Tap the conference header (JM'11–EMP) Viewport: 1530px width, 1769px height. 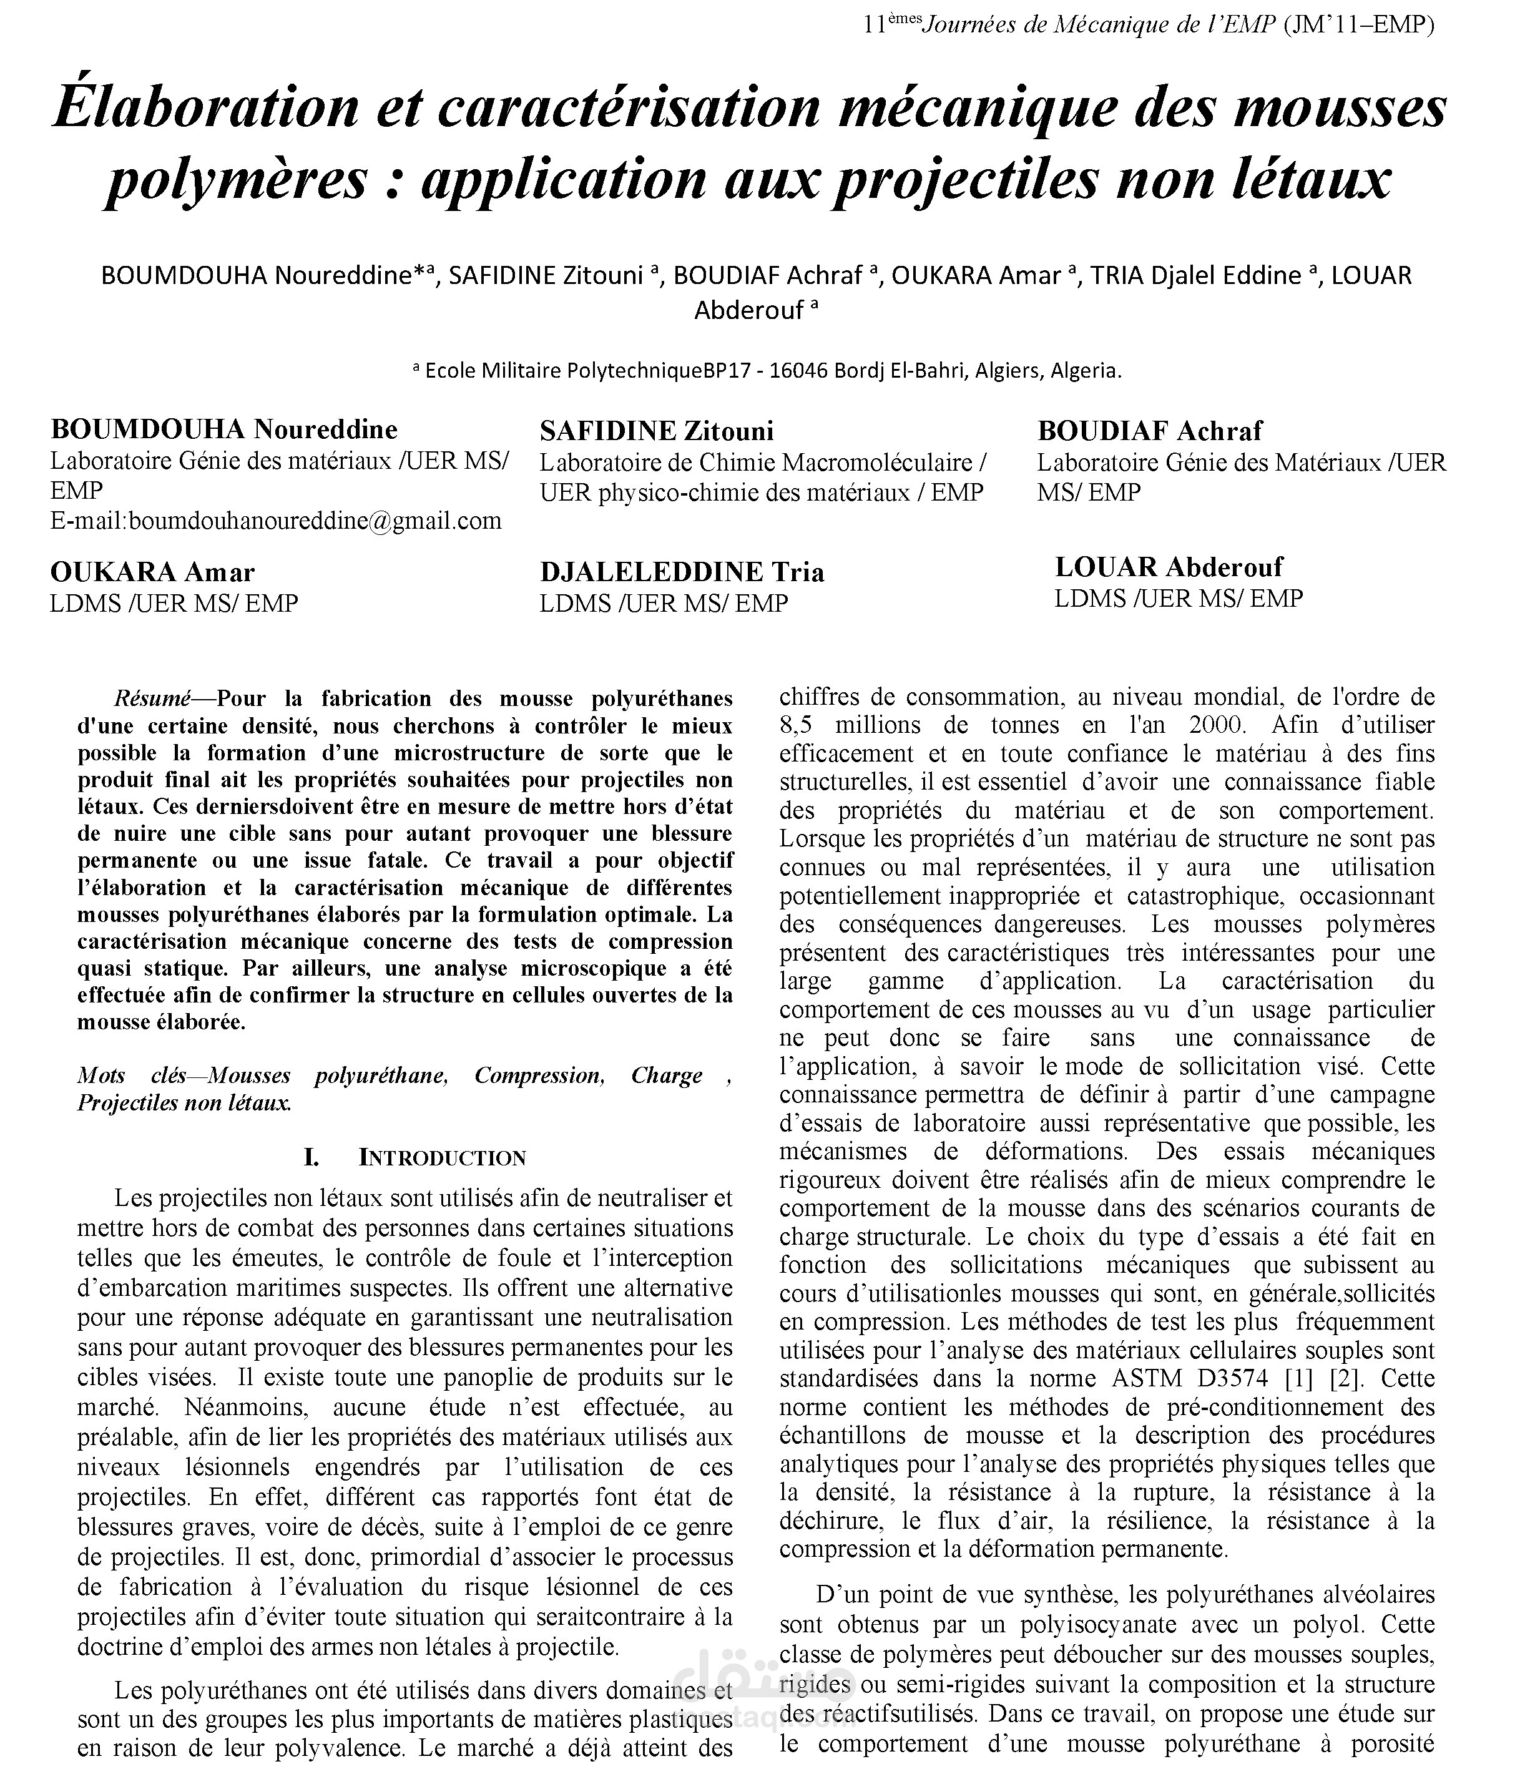tap(1358, 25)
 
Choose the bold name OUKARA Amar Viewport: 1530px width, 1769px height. tap(152, 572)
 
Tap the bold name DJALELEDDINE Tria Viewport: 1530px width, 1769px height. tap(681, 572)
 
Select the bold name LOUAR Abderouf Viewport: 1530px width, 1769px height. tap(1168, 567)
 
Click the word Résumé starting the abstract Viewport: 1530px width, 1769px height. tap(153, 698)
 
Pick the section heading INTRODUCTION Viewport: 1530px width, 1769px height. tap(442, 1159)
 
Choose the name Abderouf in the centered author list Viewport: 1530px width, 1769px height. tap(749, 311)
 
